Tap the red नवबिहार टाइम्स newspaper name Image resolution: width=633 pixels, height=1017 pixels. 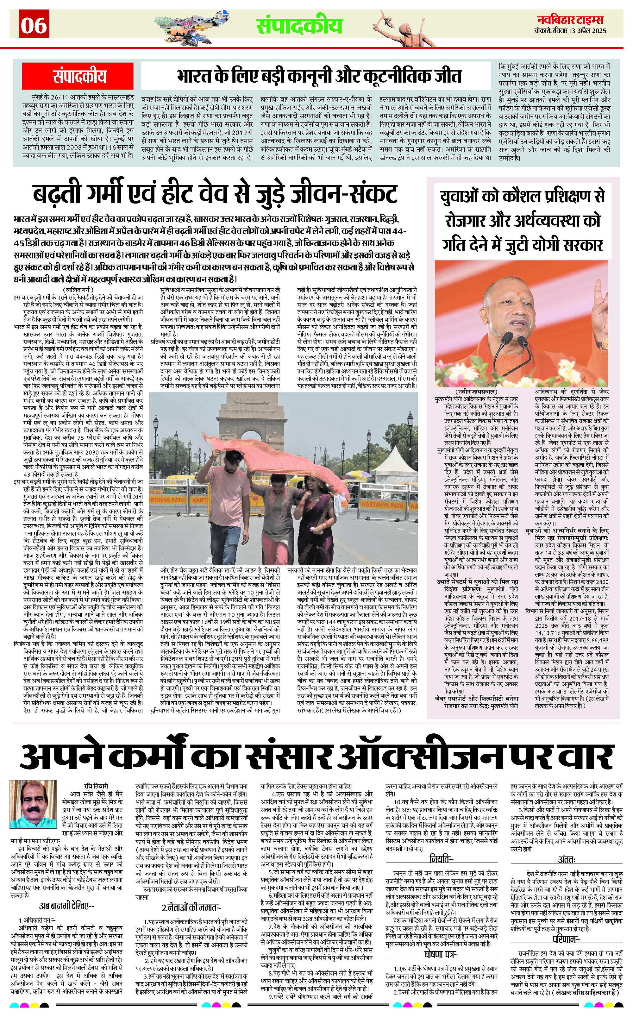(x=571, y=20)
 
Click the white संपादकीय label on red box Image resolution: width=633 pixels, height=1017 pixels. (x=79, y=76)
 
